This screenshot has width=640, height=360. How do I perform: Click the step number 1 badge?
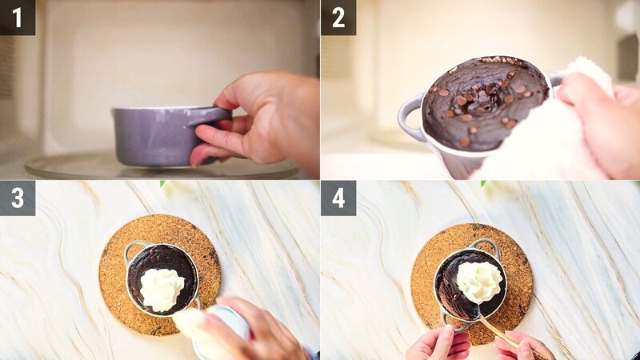pyautogui.click(x=17, y=17)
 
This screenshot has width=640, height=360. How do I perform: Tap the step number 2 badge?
pyautogui.click(x=338, y=17)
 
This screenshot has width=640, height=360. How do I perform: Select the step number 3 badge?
pyautogui.click(x=17, y=198)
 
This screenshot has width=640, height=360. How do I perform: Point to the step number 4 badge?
pyautogui.click(x=338, y=198)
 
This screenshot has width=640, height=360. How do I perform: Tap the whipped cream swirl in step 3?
pyautogui.click(x=162, y=288)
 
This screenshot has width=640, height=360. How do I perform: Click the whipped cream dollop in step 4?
pyautogui.click(x=479, y=281)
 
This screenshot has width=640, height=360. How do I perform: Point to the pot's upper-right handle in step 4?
pyautogui.click(x=485, y=245)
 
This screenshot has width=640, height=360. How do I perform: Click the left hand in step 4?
pyautogui.click(x=438, y=344)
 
